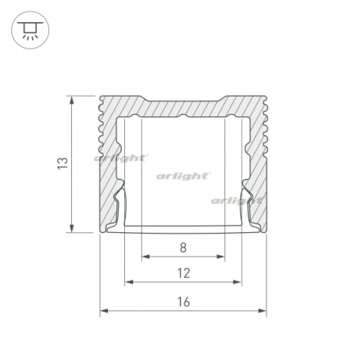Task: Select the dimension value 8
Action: click(183, 247)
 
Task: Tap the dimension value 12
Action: click(183, 273)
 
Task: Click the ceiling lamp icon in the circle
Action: click(30, 31)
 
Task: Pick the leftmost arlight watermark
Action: click(120, 158)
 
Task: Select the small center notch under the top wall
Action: click(184, 117)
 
